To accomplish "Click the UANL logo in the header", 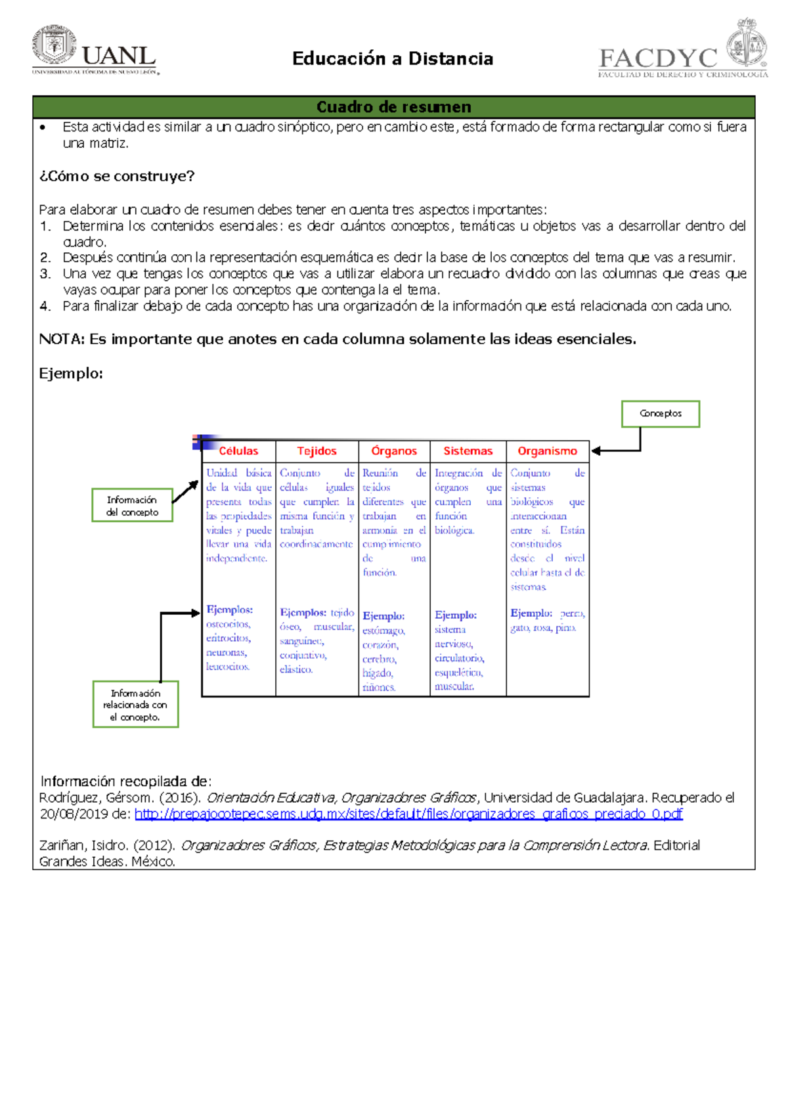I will click(x=94, y=51).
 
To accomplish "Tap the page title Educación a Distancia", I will click(x=393, y=59).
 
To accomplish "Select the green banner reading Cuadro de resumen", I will click(x=393, y=107).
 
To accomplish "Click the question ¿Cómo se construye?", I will click(x=117, y=176).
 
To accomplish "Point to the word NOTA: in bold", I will click(x=62, y=339).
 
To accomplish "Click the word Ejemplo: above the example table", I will click(x=71, y=374).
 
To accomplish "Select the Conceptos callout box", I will click(x=660, y=414).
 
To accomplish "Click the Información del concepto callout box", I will click(x=132, y=506).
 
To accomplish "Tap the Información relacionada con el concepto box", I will click(x=135, y=705).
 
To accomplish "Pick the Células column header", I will click(x=238, y=451).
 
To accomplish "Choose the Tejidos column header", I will click(x=317, y=451).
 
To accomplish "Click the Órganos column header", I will click(x=394, y=451).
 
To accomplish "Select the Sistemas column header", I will click(x=468, y=451).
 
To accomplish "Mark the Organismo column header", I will click(x=547, y=451).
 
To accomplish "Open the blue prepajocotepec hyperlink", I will click(x=408, y=814).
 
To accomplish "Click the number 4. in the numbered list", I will click(x=45, y=306).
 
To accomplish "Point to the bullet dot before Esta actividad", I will click(x=43, y=127).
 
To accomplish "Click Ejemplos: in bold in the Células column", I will click(x=229, y=610).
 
